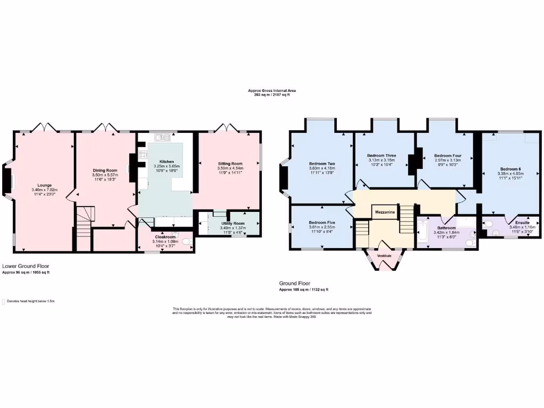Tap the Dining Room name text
(x=104, y=170)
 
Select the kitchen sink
(x=163, y=139)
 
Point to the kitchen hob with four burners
(x=142, y=155)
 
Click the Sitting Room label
(x=230, y=164)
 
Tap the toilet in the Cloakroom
(x=186, y=242)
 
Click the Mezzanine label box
(x=385, y=212)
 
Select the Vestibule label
(x=384, y=256)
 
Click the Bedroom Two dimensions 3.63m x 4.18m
(x=322, y=169)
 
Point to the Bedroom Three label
(x=381, y=156)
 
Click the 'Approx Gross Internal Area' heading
(x=272, y=91)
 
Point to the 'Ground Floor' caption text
(x=295, y=284)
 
